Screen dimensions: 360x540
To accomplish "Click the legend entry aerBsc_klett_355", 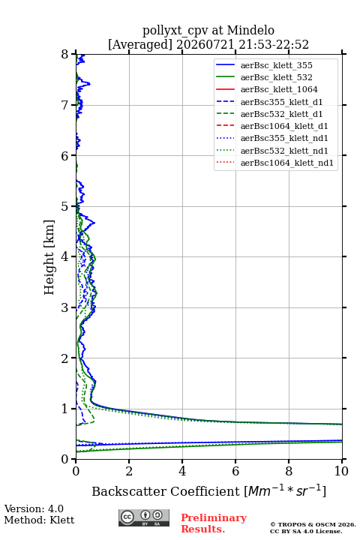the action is coord(276,65).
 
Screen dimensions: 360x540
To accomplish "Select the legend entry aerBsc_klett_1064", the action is coord(279,89).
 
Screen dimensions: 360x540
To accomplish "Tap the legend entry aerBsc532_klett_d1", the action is coord(281,114).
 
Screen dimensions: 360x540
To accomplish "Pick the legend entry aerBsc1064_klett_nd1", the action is coord(287,163).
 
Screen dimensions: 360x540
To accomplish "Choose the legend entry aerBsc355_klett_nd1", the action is coord(284,138).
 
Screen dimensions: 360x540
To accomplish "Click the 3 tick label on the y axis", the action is coord(64,307).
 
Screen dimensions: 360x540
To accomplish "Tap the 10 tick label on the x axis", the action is coord(341,471).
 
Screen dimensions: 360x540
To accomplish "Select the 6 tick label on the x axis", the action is coord(235,471).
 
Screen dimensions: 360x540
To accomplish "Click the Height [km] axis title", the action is coord(49,257).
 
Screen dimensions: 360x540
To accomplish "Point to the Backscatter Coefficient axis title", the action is coord(208,490).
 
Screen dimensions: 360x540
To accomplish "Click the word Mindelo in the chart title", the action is coord(250,30).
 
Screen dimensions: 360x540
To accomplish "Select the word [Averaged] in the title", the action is coord(140,45).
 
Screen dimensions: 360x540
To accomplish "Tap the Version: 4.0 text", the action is coord(34,508).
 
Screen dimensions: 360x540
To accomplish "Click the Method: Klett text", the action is coord(39,520).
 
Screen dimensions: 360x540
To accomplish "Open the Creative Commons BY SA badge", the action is coord(144,517).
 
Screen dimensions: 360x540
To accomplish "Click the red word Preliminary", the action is coord(214,517).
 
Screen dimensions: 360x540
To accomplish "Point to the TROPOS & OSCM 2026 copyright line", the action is coord(313,524).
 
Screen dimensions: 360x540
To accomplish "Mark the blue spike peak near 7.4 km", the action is coord(89,84).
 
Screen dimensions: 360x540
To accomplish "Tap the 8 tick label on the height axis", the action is coord(64,54).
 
